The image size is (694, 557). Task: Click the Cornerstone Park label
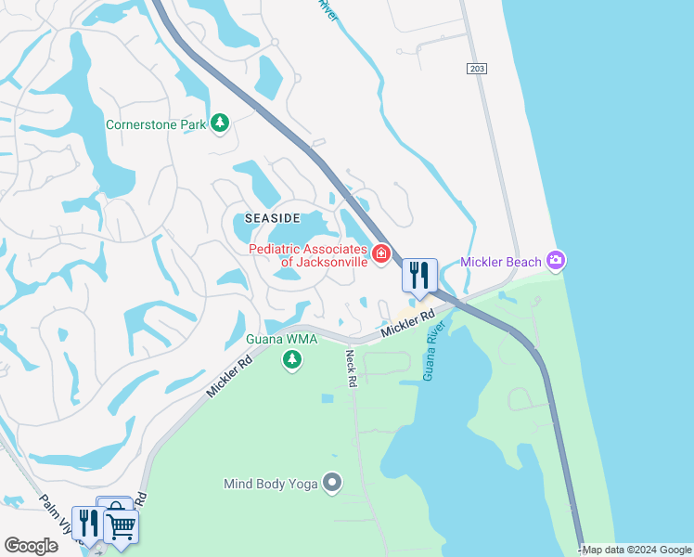point(155,123)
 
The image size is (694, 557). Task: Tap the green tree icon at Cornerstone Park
point(220,123)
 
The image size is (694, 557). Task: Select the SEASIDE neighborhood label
point(272,217)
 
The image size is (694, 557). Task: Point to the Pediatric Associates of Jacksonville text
point(308,254)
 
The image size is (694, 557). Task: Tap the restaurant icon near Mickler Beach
point(418,276)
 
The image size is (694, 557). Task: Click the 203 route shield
point(477,69)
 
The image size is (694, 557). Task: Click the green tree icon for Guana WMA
point(292,359)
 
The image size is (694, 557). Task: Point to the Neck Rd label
point(351,368)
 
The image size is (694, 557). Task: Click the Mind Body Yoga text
point(270,483)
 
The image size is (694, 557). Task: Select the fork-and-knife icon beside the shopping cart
point(88,522)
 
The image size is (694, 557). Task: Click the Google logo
point(31,546)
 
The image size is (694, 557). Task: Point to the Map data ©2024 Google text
point(636,550)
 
